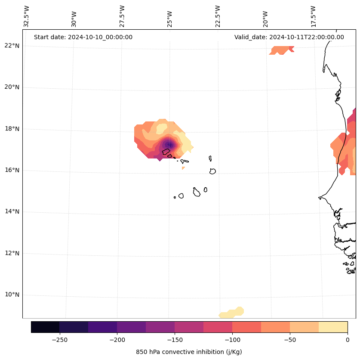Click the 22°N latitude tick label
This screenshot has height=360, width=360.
click(12, 46)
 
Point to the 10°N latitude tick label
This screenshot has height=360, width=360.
click(12, 295)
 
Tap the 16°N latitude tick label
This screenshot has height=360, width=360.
click(12, 170)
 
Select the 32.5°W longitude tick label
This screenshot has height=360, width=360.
click(27, 16)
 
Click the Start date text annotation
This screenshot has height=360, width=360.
click(83, 37)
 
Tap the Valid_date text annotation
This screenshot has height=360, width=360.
click(289, 37)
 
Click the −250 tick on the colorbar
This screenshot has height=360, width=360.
click(59, 339)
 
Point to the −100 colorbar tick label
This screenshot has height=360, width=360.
click(232, 339)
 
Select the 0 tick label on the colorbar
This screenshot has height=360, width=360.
click(347, 339)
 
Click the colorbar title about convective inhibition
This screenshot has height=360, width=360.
click(189, 352)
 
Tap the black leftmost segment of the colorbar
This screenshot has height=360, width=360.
click(45, 327)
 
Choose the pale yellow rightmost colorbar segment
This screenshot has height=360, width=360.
click(333, 327)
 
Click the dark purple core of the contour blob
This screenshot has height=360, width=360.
click(170, 145)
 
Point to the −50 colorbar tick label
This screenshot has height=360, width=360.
click(290, 339)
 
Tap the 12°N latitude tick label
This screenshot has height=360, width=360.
click(12, 253)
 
